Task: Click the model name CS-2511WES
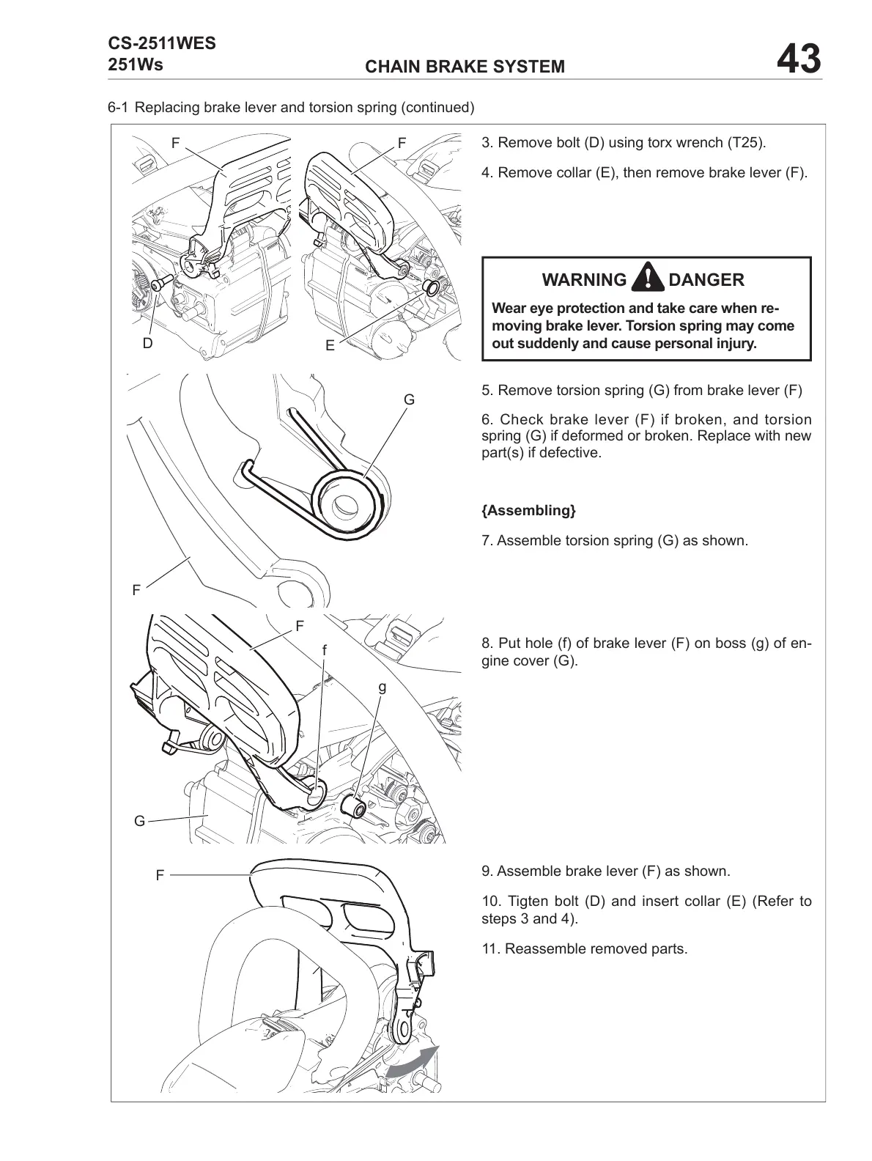coord(162,43)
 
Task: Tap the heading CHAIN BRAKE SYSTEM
coord(465,67)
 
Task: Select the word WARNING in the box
coord(584,280)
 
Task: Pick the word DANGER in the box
coord(706,280)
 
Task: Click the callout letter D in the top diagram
coord(147,343)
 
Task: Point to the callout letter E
coord(330,346)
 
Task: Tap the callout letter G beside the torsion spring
coord(409,400)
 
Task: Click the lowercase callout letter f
coord(324,650)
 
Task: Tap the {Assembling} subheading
coord(528,510)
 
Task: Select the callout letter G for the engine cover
coord(139,821)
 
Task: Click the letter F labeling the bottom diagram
coord(160,875)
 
